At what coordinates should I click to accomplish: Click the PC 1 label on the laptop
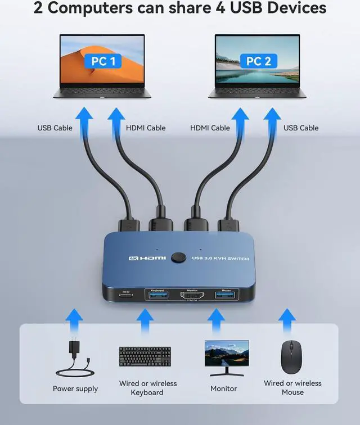click(x=103, y=61)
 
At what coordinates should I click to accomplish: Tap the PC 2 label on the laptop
click(x=258, y=61)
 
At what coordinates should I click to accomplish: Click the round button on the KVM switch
click(x=180, y=257)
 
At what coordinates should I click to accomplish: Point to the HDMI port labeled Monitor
click(x=192, y=296)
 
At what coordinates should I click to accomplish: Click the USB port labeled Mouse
click(x=227, y=295)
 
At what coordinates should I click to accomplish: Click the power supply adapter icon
click(x=75, y=359)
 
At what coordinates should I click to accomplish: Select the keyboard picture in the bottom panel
click(x=145, y=357)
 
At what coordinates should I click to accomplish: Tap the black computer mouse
click(x=291, y=357)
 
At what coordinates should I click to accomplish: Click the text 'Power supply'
click(x=75, y=389)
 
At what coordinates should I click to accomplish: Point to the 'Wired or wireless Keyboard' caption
click(x=147, y=388)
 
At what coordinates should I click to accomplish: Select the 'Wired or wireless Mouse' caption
click(x=292, y=387)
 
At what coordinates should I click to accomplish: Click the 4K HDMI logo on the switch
click(x=147, y=257)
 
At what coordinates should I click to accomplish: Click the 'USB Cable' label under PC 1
click(x=55, y=128)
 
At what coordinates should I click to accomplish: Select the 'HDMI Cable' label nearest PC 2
click(x=210, y=128)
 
